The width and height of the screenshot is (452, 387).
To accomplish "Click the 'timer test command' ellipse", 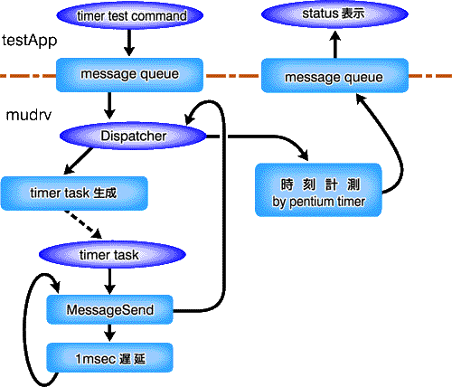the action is click(x=130, y=15).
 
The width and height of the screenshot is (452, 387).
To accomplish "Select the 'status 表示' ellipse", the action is click(x=334, y=14).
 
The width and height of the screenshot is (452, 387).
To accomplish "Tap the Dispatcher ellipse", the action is click(x=133, y=136).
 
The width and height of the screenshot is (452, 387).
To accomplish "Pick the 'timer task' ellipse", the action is click(x=112, y=254).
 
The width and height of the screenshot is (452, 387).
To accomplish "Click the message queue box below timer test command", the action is click(x=129, y=75).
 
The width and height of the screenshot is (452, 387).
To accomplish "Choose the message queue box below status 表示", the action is click(x=334, y=76).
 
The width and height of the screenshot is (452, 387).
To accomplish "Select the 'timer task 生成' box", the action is click(x=74, y=193).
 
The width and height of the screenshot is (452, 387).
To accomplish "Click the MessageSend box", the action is click(x=109, y=309).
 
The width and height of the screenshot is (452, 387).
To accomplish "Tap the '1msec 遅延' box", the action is click(x=109, y=358).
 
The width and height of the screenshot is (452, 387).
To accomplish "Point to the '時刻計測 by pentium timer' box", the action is click(x=318, y=190).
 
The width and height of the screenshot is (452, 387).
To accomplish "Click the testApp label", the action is click(x=29, y=41).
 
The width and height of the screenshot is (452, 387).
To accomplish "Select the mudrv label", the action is click(x=29, y=115).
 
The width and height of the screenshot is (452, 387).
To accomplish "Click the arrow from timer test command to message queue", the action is click(x=129, y=42).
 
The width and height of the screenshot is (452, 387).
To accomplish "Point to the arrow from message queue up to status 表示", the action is click(x=334, y=44).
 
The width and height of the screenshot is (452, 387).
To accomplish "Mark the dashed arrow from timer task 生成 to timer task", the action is click(x=82, y=224).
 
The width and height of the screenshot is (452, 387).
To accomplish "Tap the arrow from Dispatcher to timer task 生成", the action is click(x=79, y=161).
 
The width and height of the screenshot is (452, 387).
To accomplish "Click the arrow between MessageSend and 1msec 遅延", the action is click(x=109, y=333).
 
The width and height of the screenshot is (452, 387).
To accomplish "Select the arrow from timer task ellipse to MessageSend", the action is click(x=109, y=281).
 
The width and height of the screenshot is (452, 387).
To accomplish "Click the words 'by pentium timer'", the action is click(x=318, y=202).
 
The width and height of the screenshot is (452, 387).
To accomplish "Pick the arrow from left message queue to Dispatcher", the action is click(x=109, y=106).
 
